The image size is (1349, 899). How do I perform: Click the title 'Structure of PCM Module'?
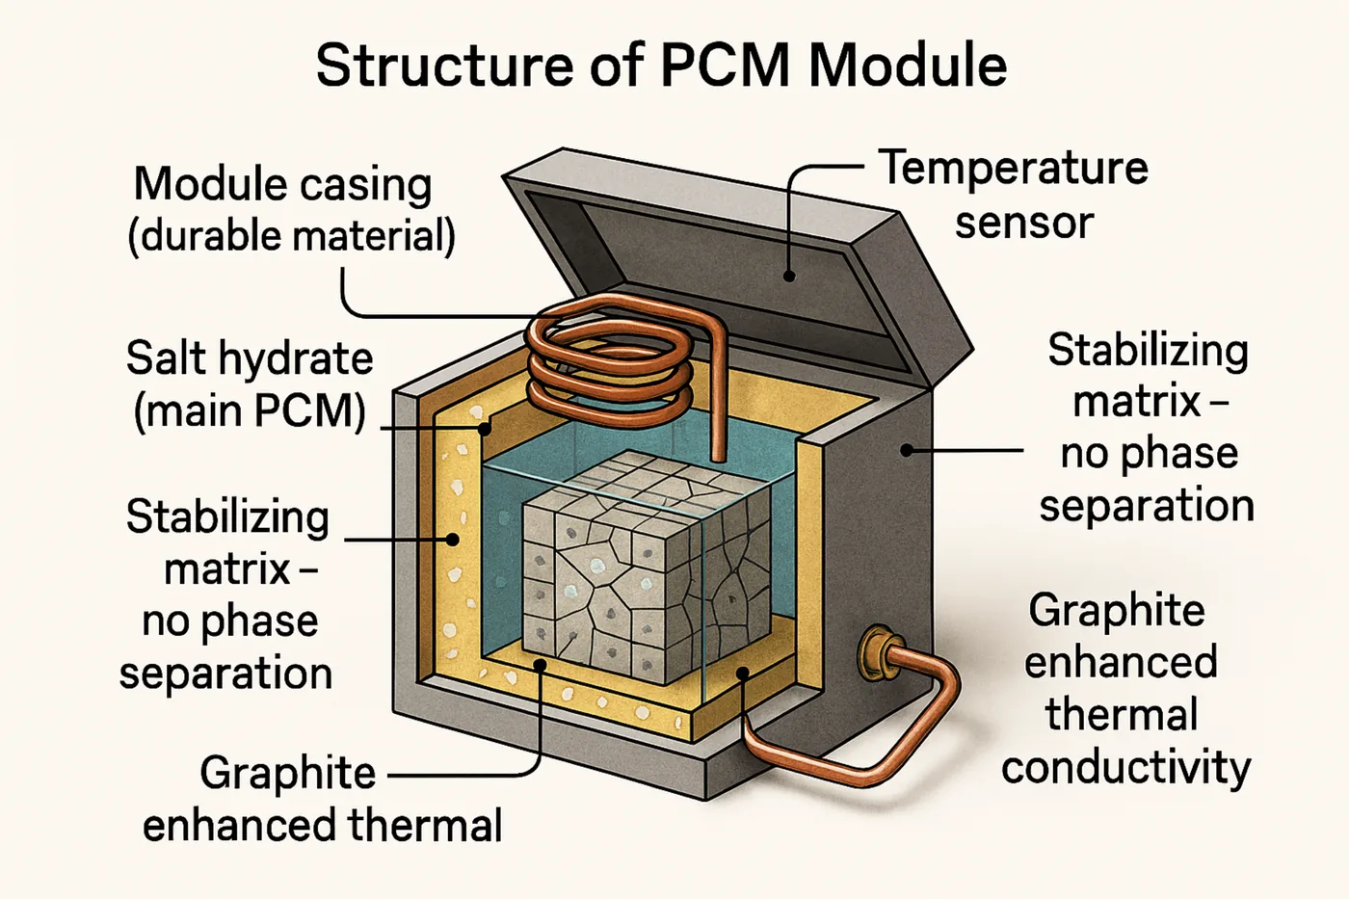click(661, 66)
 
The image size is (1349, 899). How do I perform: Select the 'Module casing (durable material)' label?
click(291, 209)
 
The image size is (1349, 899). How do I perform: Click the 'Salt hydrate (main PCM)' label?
click(249, 383)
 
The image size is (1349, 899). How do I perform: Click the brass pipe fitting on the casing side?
click(877, 649)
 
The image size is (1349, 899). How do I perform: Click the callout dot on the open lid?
click(789, 277)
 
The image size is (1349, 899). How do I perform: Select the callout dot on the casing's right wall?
click(906, 449)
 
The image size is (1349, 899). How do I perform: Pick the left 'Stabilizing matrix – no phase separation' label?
click(227, 595)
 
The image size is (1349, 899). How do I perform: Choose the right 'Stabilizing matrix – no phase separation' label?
click(1147, 427)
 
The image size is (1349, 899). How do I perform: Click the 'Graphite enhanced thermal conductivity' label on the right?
click(1124, 688)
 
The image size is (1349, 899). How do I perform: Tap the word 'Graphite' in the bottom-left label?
click(287, 773)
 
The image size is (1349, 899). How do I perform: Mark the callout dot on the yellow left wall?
click(452, 539)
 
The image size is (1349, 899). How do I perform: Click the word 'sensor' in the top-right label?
click(1023, 223)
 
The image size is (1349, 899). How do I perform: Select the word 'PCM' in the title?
click(727, 66)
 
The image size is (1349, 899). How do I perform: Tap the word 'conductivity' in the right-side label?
click(1125, 767)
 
